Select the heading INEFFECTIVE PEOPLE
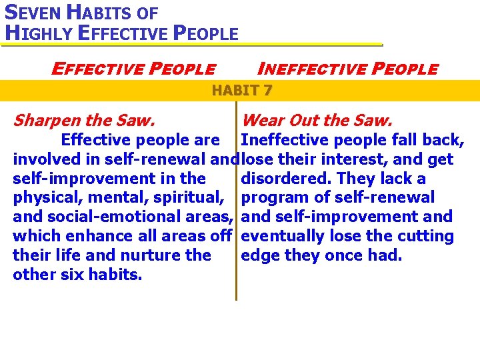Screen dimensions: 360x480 pos(347,69)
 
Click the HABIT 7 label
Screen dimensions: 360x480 pos(241,91)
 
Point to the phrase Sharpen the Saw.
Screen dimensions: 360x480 pos(84,121)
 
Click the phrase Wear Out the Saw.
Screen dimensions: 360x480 pos(317,121)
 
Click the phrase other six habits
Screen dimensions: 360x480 pos(77,275)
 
